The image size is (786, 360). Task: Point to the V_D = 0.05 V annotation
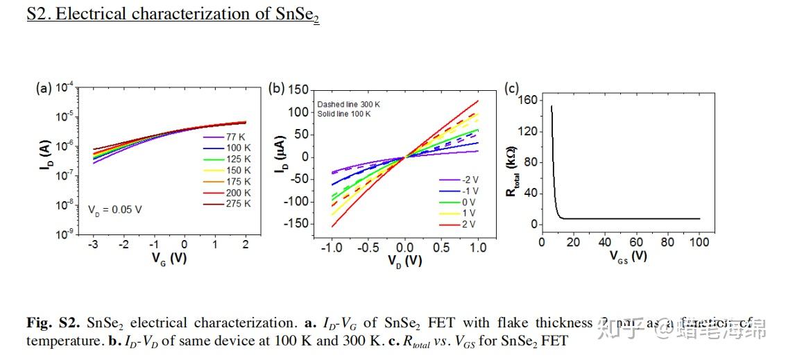(x=115, y=209)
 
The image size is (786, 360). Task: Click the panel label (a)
(x=44, y=88)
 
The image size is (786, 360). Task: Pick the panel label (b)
(x=277, y=88)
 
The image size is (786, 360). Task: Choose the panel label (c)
(x=512, y=88)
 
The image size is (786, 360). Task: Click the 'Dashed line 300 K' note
(x=349, y=105)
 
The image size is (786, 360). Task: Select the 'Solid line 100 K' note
(x=344, y=113)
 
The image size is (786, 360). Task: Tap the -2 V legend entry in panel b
(x=465, y=180)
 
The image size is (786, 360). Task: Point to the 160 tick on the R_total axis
(x=528, y=101)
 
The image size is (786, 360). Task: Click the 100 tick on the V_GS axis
(x=699, y=242)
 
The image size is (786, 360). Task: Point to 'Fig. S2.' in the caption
(x=54, y=323)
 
